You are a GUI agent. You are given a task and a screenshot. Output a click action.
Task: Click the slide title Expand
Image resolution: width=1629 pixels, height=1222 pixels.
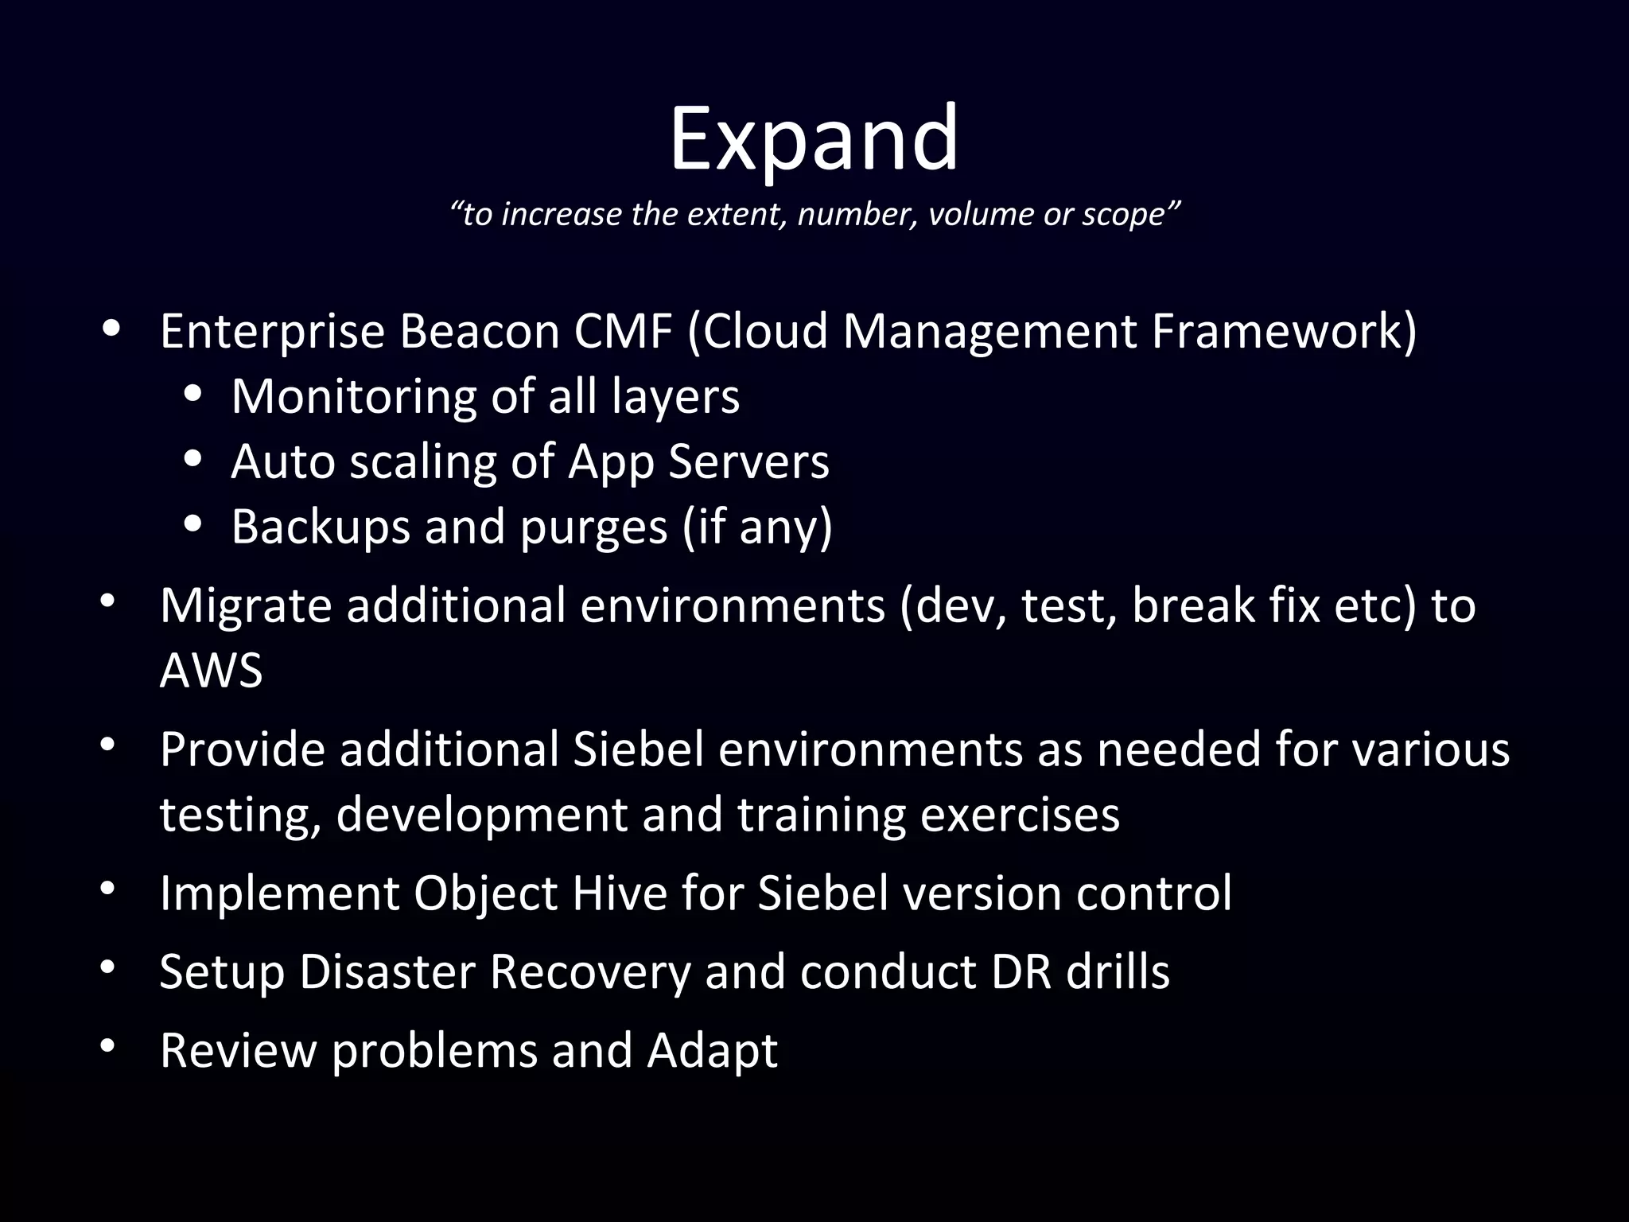814,141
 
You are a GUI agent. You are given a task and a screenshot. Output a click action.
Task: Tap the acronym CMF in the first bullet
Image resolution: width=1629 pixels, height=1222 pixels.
624,332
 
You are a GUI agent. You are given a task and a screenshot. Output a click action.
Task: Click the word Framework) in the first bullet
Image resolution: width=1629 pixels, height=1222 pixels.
1284,332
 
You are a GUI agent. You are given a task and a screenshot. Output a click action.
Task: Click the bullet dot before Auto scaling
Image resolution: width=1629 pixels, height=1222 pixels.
193,460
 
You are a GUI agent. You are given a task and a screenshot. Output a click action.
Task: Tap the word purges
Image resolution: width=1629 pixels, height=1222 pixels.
593,527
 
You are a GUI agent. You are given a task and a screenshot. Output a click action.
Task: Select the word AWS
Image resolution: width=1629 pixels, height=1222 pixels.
211,671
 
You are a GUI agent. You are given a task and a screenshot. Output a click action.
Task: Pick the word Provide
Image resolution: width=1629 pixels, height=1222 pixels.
242,750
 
